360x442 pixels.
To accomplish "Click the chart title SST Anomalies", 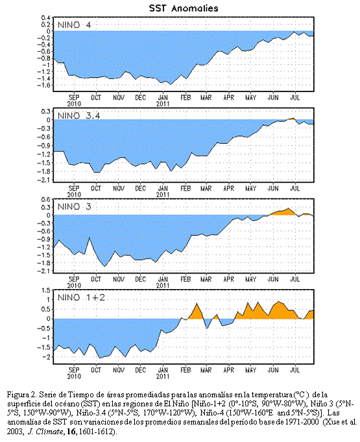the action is click(x=184, y=8).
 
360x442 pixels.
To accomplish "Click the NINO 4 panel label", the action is click(x=74, y=25).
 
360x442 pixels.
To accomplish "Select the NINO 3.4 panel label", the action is click(x=78, y=115).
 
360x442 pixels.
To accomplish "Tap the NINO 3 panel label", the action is click(x=74, y=207).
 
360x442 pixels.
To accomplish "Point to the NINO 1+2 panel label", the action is click(x=81, y=297).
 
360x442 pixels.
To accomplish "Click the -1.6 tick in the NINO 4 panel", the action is click(x=45, y=85).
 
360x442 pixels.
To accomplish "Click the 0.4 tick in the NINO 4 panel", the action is click(x=46, y=17).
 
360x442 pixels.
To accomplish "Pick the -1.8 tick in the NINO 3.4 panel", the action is click(x=45, y=171).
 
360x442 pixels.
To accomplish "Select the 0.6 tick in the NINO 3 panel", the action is click(x=46, y=200).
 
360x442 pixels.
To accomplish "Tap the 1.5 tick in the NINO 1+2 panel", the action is click(x=46, y=290).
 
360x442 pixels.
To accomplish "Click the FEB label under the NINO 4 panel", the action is click(x=186, y=97).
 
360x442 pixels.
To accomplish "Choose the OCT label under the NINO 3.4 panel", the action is click(x=96, y=189).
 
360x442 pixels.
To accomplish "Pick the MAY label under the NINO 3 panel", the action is click(x=250, y=279).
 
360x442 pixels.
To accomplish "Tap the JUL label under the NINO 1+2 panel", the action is click(x=295, y=370).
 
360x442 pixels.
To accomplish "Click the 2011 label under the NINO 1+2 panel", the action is click(x=163, y=377).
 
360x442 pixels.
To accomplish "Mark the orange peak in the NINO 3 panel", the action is click(x=288, y=209).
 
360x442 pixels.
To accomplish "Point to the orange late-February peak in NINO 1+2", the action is click(x=197, y=303).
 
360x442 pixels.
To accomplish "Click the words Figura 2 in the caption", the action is click(x=21, y=395).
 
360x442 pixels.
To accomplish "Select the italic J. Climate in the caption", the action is click(x=45, y=432).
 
